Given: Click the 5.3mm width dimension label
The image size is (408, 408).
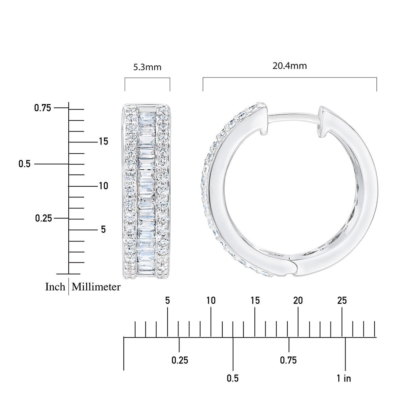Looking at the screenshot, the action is point(147,67).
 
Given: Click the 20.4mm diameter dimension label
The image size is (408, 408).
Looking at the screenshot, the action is point(289,66).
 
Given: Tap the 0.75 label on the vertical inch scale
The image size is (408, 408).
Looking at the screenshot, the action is point(42,108).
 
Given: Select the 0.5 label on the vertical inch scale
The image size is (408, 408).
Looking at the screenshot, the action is point(24,164).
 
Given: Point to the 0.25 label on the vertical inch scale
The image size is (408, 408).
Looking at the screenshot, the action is point(44,218).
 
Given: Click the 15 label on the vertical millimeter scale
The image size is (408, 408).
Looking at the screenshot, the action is point(104,141).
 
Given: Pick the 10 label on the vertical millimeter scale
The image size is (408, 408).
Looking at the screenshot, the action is point(104,186).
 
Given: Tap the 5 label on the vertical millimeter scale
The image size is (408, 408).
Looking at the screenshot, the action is point(103,229).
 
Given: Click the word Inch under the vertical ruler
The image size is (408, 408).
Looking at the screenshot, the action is point(55,287).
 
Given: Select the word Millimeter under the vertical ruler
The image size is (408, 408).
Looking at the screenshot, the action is point(96,287).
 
